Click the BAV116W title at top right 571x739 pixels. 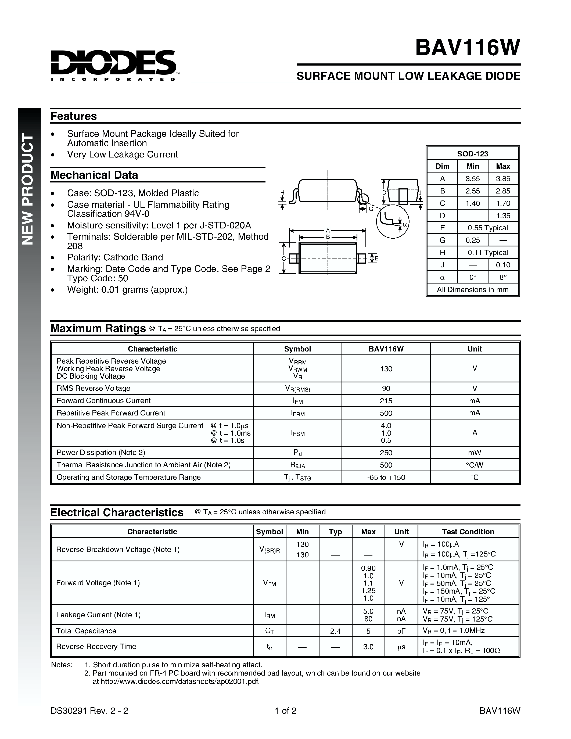pyautogui.click(x=467, y=48)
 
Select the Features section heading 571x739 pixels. pyautogui.click(x=73, y=116)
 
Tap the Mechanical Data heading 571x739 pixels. pyautogui.click(x=94, y=175)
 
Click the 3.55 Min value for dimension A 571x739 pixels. pyautogui.click(x=473, y=179)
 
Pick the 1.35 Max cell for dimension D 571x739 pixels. pyautogui.click(x=503, y=216)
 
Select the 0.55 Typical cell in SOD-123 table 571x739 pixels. pyautogui.click(x=487, y=228)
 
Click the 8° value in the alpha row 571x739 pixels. pyautogui.click(x=503, y=277)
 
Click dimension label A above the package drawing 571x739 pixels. pyautogui.click(x=328, y=230)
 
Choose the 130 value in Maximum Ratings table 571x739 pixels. pyautogui.click(x=386, y=369)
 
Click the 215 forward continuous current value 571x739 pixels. pyautogui.click(x=386, y=401)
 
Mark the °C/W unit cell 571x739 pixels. pyautogui.click(x=475, y=465)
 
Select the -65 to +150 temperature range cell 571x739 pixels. pyautogui.click(x=386, y=478)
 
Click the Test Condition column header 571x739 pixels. pyautogui.click(x=468, y=532)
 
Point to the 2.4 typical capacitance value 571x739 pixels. pyautogui.click(x=335, y=631)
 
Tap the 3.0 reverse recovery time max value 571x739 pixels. pyautogui.click(x=368, y=647)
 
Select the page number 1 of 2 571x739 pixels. pyautogui.click(x=285, y=711)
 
